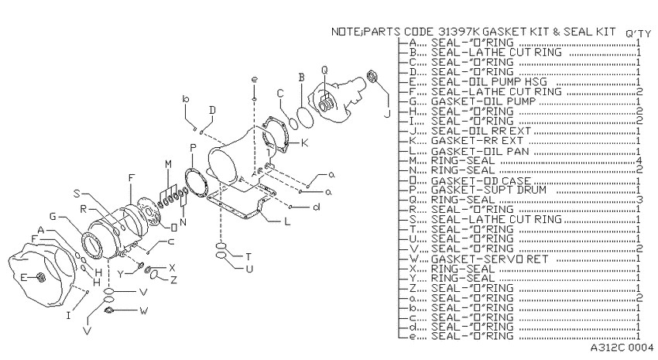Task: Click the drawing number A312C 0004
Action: click(x=622, y=348)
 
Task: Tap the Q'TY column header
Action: click(x=639, y=34)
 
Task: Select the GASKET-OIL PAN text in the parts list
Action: click(x=480, y=151)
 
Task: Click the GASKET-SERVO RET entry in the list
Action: click(x=489, y=259)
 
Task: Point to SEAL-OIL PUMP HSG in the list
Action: click(x=489, y=82)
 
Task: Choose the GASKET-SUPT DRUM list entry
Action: click(x=489, y=190)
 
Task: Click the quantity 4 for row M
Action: click(x=639, y=161)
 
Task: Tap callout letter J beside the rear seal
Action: click(x=387, y=114)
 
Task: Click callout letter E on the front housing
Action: click(x=23, y=277)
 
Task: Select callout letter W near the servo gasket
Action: click(x=143, y=311)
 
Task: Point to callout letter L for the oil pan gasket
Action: click(x=287, y=221)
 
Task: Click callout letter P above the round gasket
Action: click(x=193, y=148)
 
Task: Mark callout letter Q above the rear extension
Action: click(x=324, y=70)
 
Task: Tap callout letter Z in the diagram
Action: click(x=173, y=279)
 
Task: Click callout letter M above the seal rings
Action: click(x=168, y=164)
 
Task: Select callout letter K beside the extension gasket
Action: click(x=305, y=143)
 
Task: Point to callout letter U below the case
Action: click(x=249, y=269)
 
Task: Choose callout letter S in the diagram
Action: click(x=77, y=194)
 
